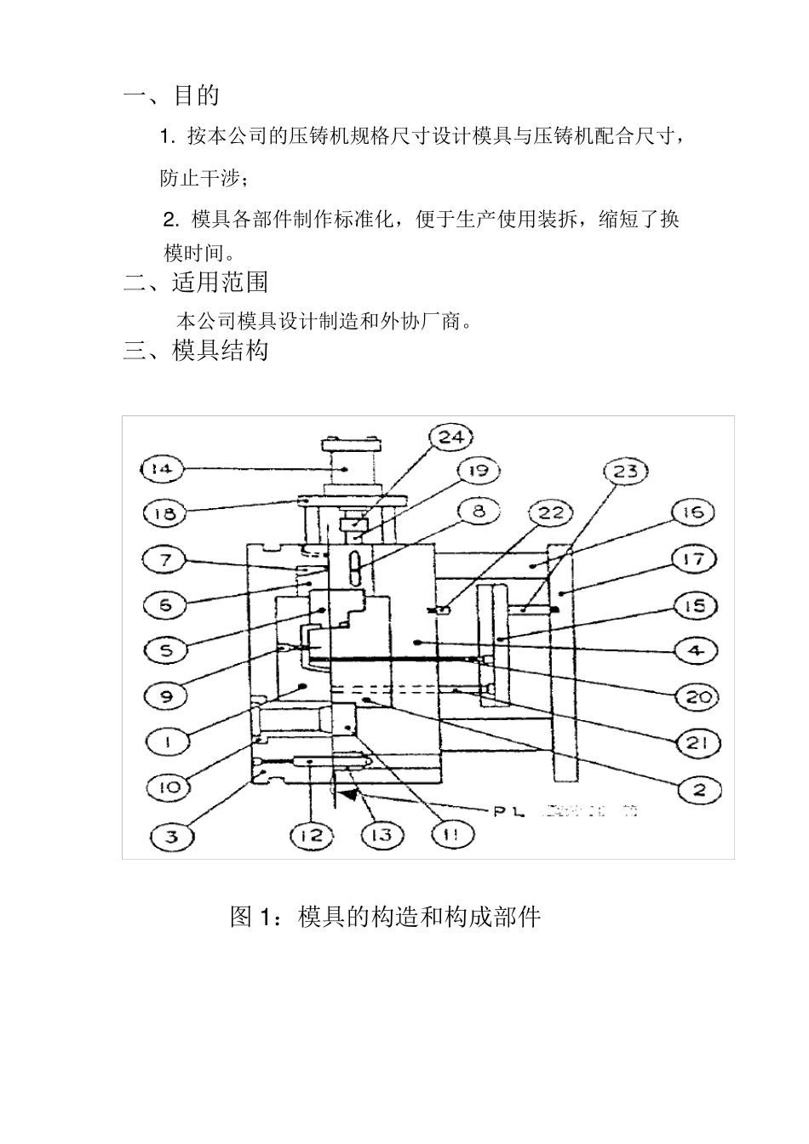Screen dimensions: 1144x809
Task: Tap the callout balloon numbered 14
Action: click(162, 468)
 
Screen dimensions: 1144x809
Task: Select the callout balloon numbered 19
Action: click(478, 470)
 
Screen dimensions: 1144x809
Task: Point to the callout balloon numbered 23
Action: click(626, 472)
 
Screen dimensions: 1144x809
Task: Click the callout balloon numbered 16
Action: click(693, 512)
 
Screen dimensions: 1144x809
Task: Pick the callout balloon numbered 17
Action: click(693, 559)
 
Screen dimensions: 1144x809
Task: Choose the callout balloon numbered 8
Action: click(478, 511)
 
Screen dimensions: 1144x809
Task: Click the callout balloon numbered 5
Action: click(166, 650)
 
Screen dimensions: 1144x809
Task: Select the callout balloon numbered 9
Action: click(166, 696)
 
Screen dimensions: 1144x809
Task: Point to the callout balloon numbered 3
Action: click(173, 836)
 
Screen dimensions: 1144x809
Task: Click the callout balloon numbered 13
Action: click(382, 835)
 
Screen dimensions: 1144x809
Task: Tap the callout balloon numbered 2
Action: click(699, 789)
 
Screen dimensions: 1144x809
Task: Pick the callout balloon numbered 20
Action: click(697, 697)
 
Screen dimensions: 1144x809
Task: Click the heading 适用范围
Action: click(220, 281)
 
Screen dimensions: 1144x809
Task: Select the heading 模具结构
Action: click(220, 350)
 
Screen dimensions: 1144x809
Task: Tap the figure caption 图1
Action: click(385, 917)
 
